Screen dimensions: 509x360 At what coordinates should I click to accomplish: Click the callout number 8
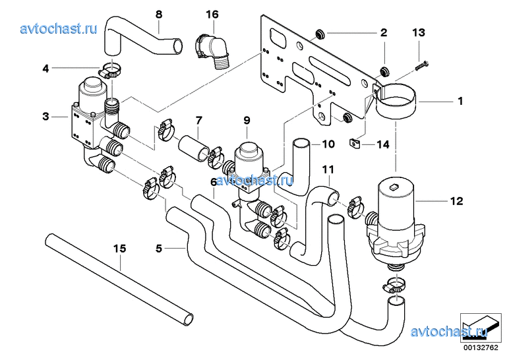(159, 15)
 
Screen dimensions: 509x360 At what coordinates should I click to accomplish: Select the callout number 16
(212, 15)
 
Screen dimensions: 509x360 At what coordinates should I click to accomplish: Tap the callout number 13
(419, 32)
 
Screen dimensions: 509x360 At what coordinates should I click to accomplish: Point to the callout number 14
(383, 144)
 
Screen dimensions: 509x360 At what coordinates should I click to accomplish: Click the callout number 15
(119, 249)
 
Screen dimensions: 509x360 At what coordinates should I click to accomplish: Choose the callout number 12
(456, 201)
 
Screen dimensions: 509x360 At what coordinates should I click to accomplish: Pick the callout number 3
(45, 116)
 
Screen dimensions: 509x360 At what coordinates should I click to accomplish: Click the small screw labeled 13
(422, 65)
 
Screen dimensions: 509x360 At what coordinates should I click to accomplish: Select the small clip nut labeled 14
(354, 142)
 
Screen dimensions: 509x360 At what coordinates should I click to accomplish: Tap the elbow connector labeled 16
(212, 50)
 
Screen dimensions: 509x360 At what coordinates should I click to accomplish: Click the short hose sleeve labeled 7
(194, 148)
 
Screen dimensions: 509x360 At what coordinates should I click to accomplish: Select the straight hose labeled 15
(119, 278)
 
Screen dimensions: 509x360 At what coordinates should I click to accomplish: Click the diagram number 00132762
(481, 348)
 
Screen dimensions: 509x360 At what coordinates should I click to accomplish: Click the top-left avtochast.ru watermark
(59, 28)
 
